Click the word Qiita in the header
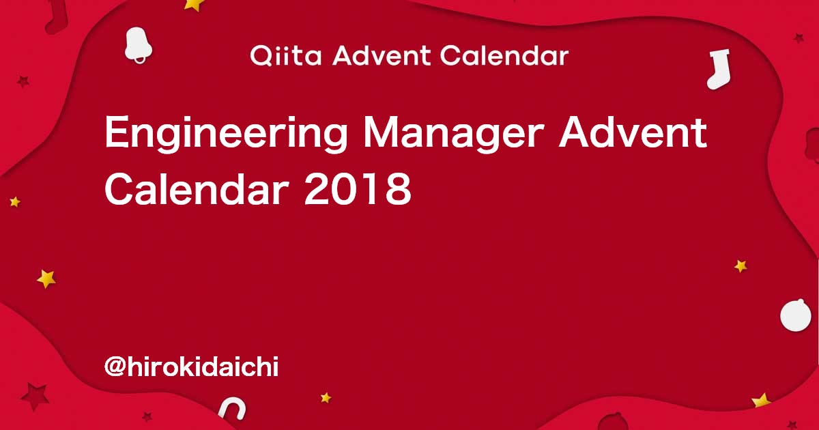click(x=285, y=56)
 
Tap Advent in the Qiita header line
click(x=381, y=55)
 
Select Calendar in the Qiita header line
click(x=504, y=55)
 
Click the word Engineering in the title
click(x=227, y=134)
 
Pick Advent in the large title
click(x=633, y=132)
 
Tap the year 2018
click(x=358, y=189)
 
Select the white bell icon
click(x=138, y=44)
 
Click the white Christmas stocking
click(x=719, y=70)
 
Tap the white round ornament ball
click(x=796, y=315)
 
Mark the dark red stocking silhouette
click(x=57, y=16)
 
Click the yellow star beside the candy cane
click(x=326, y=397)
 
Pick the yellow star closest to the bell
click(x=193, y=4)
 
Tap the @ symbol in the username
click(x=115, y=367)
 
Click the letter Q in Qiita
click(x=262, y=56)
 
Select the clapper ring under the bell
click(x=140, y=59)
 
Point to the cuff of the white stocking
click(x=719, y=54)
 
